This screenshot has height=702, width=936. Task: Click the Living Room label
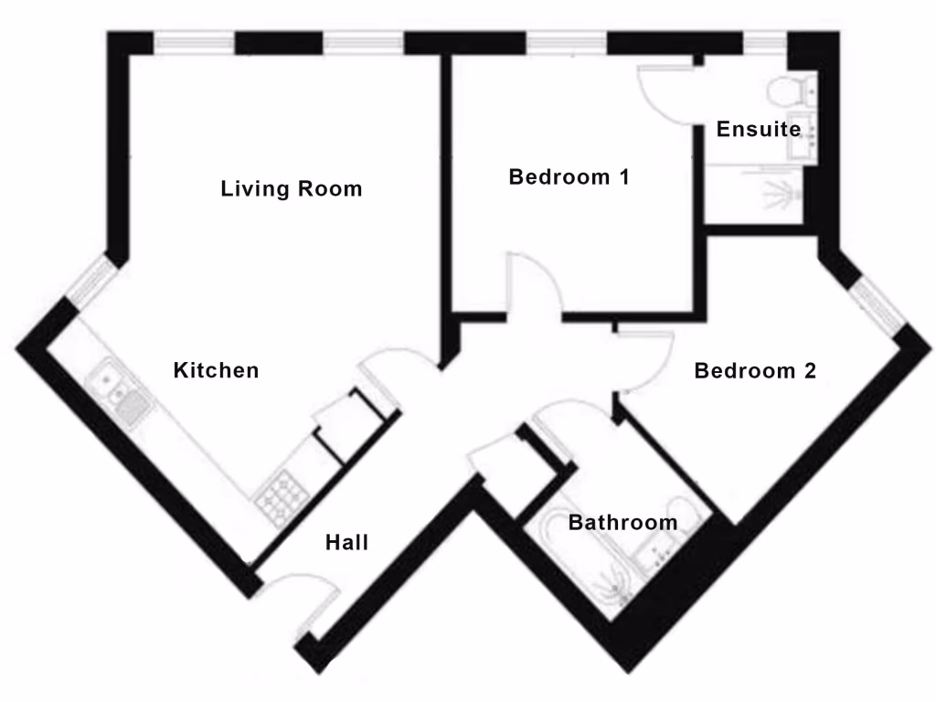292,189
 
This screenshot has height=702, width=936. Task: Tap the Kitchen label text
216,370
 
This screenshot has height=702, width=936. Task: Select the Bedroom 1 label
569,176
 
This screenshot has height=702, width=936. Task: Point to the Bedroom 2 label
755,371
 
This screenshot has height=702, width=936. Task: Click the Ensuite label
758,129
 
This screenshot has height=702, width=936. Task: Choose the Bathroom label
622,522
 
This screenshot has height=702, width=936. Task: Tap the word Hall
346,542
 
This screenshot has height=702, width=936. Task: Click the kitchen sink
119,392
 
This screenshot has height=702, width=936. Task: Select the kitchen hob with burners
284,498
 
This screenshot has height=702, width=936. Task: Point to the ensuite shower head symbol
782,193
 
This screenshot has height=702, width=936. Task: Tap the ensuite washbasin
801,137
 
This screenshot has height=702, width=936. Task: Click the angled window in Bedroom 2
877,305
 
